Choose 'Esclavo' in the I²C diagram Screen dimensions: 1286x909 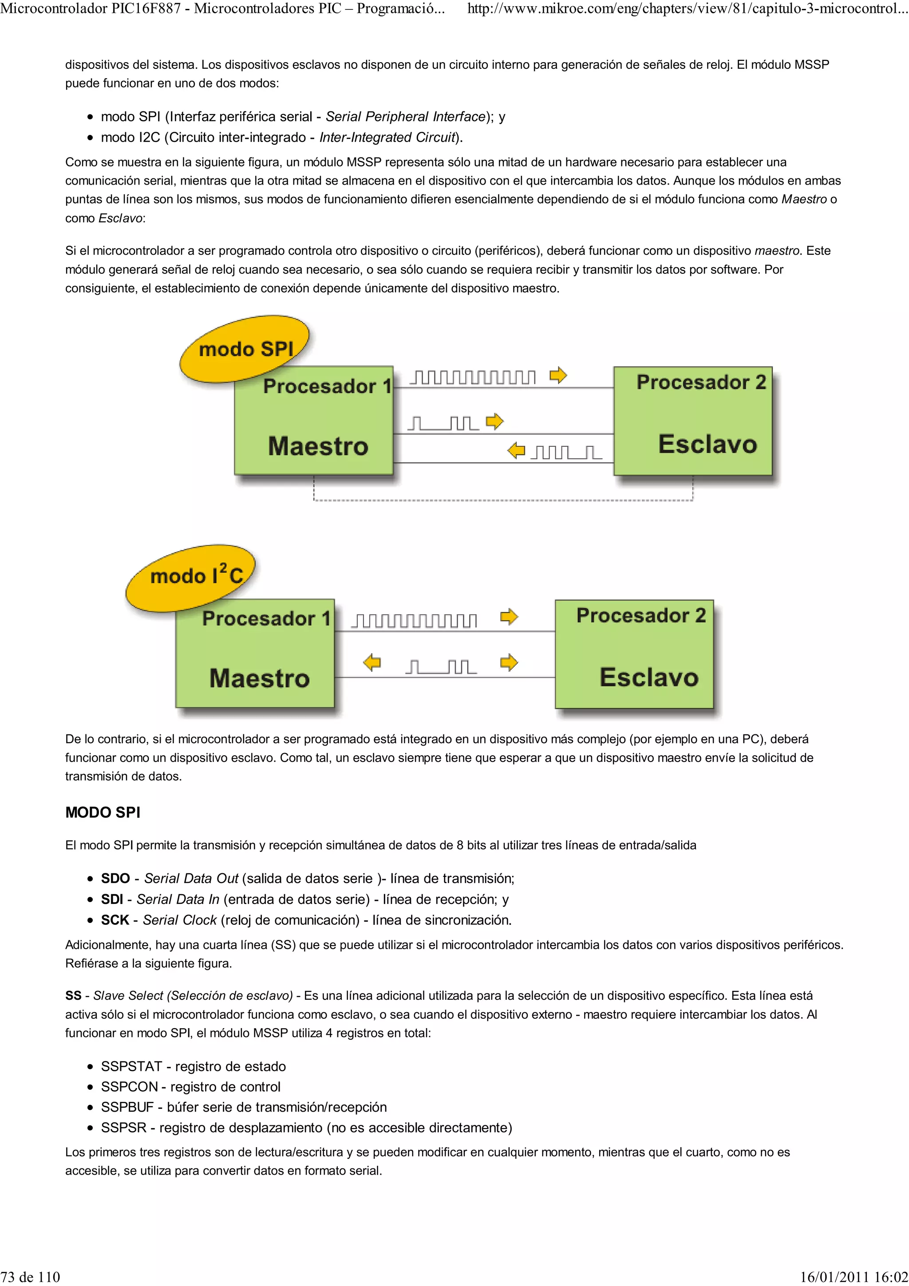(x=648, y=677)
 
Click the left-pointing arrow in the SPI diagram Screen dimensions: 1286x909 (x=516, y=450)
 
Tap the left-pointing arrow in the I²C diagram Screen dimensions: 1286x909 (x=372, y=663)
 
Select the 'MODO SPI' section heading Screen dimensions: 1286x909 (x=103, y=812)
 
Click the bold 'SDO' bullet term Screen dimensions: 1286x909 (x=115, y=878)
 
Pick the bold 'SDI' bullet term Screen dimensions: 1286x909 (x=111, y=899)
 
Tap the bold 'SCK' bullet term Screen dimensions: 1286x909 (x=115, y=920)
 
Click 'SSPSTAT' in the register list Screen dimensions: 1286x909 (x=131, y=1066)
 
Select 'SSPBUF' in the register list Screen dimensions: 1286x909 (x=127, y=1107)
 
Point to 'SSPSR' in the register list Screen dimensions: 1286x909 (x=123, y=1128)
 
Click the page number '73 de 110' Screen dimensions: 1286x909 (x=30, y=1277)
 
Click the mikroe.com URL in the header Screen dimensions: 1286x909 (x=687, y=9)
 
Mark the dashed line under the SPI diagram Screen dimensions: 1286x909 (x=503, y=500)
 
